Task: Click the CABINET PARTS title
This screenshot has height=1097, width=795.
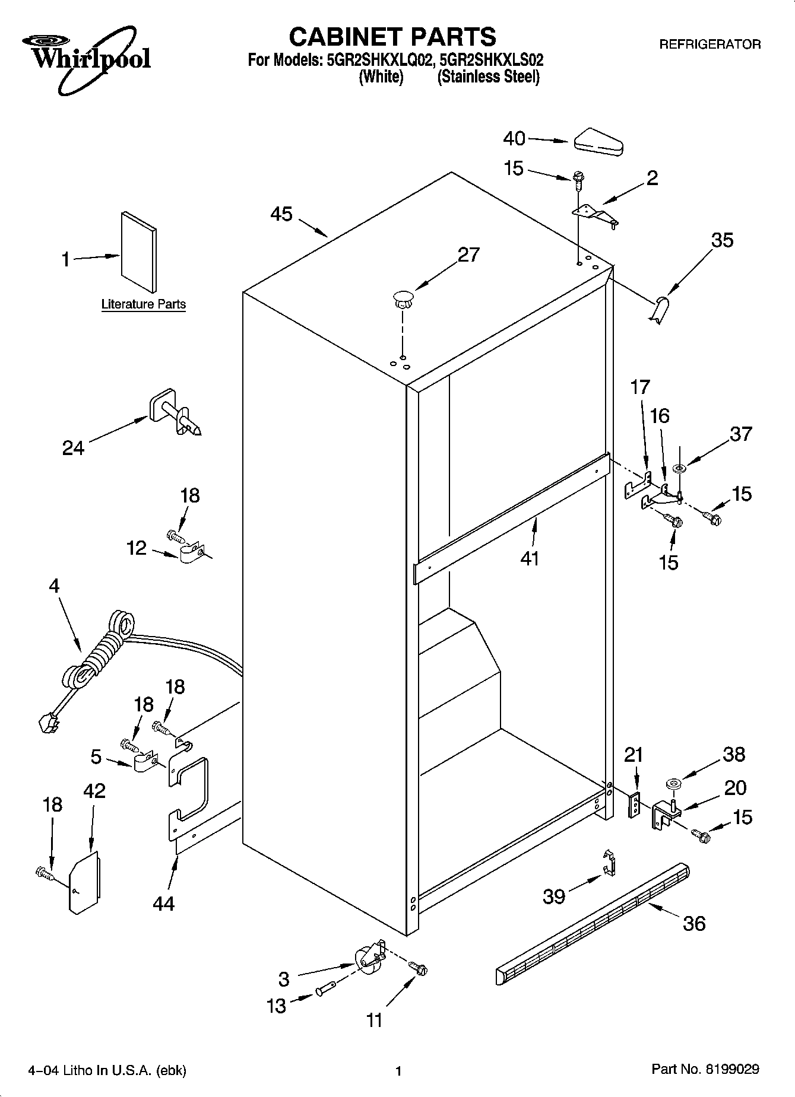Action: (x=392, y=37)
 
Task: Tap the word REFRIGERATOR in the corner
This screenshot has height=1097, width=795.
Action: (x=710, y=44)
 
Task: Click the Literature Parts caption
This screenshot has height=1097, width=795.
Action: (x=144, y=304)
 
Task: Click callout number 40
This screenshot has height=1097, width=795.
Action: (x=514, y=139)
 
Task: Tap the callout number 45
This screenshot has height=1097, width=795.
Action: (x=282, y=214)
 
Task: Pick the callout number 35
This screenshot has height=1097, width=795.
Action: (x=721, y=240)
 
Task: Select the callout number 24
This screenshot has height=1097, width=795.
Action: (x=74, y=448)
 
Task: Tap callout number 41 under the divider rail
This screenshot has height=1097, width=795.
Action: (x=529, y=558)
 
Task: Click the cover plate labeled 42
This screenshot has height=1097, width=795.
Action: (x=84, y=882)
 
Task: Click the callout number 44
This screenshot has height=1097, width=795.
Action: (x=163, y=904)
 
